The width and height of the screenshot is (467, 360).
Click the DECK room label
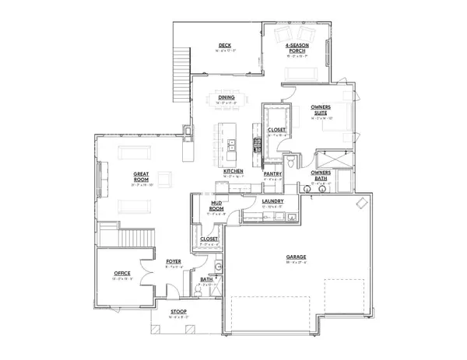pyautogui.click(x=225, y=46)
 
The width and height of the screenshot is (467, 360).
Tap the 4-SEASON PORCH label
pyautogui.click(x=298, y=48)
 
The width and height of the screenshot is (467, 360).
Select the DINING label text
pyautogui.click(x=226, y=97)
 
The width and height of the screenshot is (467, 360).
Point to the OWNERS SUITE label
pyautogui.click(x=321, y=110)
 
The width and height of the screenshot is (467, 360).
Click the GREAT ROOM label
pyautogui.click(x=141, y=177)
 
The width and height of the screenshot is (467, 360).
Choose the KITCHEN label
pyautogui.click(x=233, y=171)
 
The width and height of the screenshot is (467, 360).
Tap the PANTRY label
pyautogui.click(x=272, y=174)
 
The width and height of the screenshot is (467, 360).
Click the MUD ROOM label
pyautogui.click(x=217, y=204)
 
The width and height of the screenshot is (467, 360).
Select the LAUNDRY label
pyautogui.click(x=272, y=201)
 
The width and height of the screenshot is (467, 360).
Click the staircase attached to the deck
pyautogui.click(x=184, y=62)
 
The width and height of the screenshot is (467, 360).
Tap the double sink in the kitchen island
pyautogui.click(x=232, y=143)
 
